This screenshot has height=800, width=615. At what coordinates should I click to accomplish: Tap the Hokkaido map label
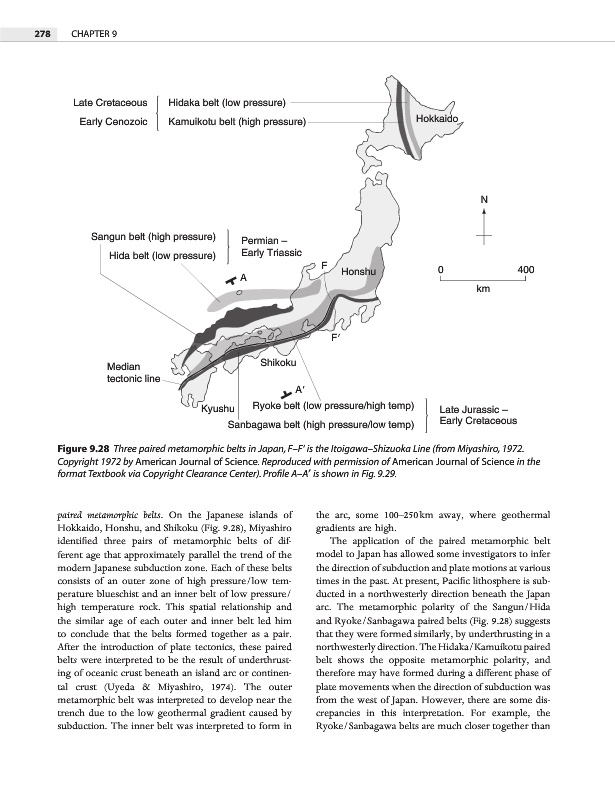point(436,119)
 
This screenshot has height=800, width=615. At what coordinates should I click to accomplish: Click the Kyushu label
point(218,409)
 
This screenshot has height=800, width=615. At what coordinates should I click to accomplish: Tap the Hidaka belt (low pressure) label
point(228,102)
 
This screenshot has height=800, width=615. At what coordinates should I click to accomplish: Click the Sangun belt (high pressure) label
point(154,237)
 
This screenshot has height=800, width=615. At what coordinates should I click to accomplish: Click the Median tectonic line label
point(128,373)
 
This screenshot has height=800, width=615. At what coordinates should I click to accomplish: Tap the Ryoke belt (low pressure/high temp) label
point(333,406)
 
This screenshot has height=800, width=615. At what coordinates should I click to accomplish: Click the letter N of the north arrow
point(484,199)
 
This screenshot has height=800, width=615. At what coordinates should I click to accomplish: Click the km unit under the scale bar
point(483,289)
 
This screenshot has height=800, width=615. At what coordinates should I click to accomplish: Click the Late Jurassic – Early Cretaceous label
point(478,415)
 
